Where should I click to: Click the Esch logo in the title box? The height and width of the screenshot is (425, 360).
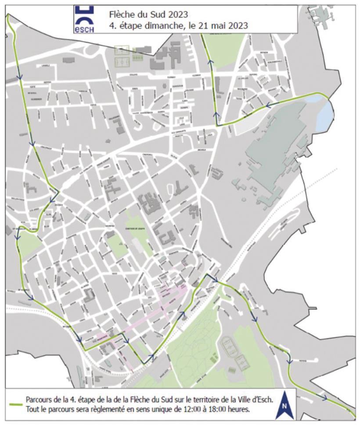click(x=83, y=20)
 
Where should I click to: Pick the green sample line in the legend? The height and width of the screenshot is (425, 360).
click(x=14, y=404)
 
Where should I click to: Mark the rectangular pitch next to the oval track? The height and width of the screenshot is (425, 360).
click(x=242, y=362)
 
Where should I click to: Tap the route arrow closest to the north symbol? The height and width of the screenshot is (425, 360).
click(x=324, y=398)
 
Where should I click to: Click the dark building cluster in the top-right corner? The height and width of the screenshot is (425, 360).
click(x=327, y=20)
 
